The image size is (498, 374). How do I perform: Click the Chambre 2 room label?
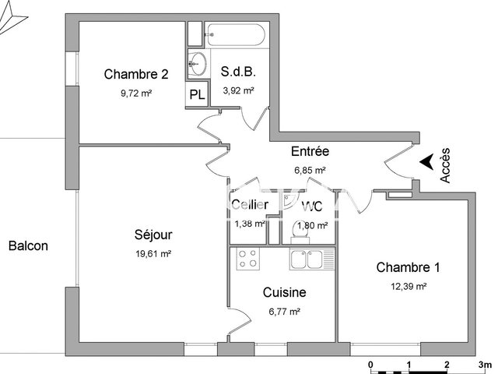pyautogui.click(x=136, y=75)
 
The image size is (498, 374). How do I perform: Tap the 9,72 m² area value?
pyautogui.click(x=135, y=93)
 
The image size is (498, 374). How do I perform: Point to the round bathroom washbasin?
pyautogui.click(x=198, y=63)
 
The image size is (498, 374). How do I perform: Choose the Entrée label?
pyautogui.click(x=310, y=152)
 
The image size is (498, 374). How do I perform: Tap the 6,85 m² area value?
pyautogui.click(x=309, y=169)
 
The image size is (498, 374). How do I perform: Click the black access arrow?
pyautogui.click(x=426, y=161)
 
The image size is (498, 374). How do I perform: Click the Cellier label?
pyautogui.click(x=250, y=206)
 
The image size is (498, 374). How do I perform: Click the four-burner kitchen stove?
pyautogui.click(x=249, y=259)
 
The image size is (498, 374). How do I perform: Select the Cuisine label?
pyautogui.click(x=284, y=293)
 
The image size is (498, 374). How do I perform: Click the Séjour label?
pyautogui.click(x=153, y=235)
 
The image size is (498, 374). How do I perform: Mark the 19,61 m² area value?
pyautogui.click(x=153, y=253)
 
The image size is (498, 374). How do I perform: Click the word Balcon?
pyautogui.click(x=28, y=246)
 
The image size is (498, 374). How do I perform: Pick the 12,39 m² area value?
pyautogui.click(x=408, y=286)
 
